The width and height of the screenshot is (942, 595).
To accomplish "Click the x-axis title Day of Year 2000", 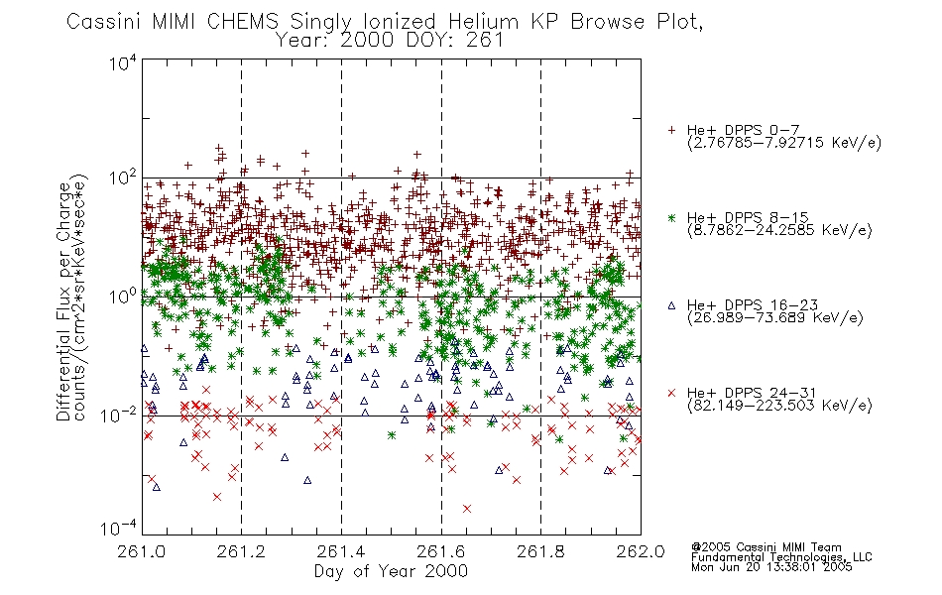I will click(392, 571).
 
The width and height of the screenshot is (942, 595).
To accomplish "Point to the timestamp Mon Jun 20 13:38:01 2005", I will click(771, 568).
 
